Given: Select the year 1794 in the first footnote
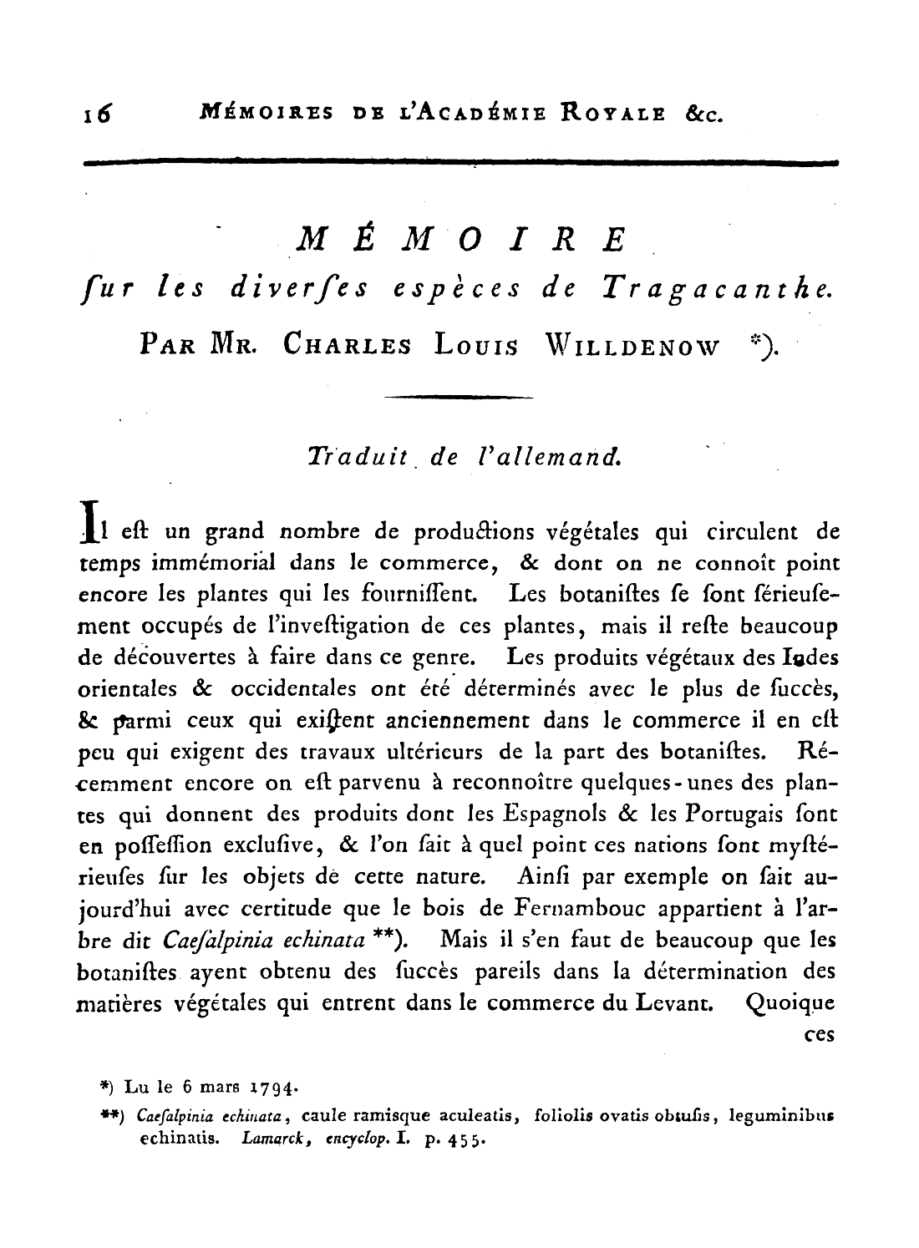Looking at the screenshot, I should (265, 1088).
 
